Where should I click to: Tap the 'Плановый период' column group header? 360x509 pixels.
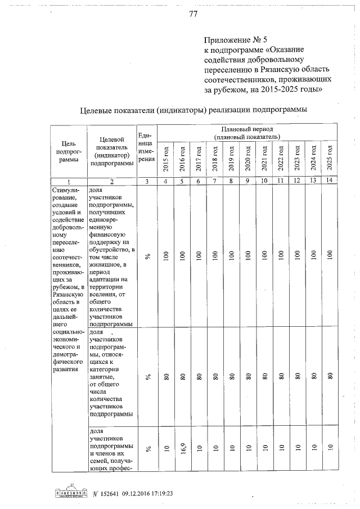coord(247,133)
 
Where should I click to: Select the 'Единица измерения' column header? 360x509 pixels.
coord(146,147)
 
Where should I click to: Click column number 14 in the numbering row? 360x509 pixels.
coord(330,181)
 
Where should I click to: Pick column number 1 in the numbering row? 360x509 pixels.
coord(69,181)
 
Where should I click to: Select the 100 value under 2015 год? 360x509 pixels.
coord(166,255)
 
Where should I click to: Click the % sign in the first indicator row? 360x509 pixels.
coord(147,256)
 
